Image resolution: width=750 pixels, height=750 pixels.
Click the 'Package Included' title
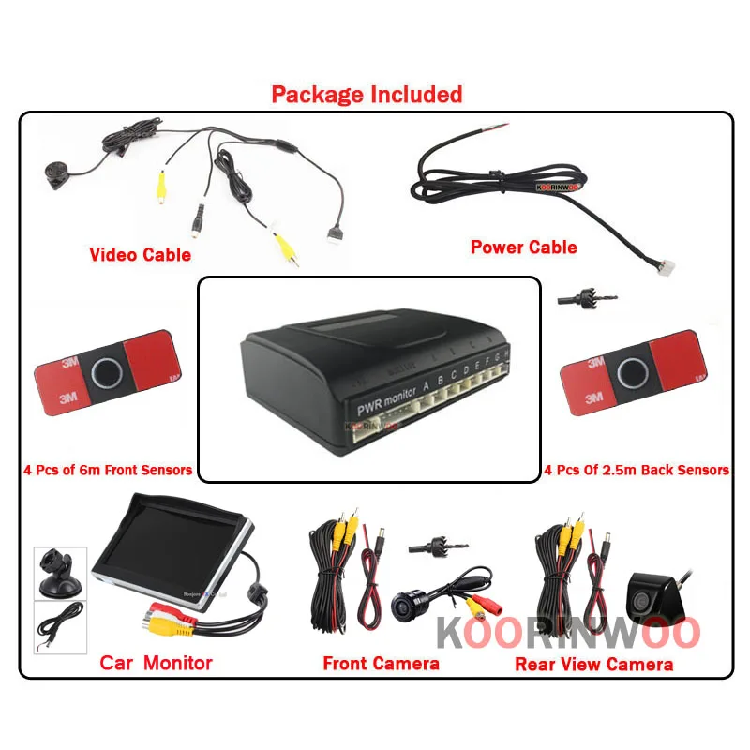pos(367,95)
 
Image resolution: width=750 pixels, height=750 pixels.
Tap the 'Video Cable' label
pos(140,254)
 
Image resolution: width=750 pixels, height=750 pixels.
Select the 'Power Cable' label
pos(523,247)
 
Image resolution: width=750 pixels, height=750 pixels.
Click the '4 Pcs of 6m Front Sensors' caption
pos(108,470)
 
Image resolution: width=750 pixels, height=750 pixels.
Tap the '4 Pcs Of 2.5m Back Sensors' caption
pos(637,470)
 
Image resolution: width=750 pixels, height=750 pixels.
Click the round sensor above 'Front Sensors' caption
pos(106,372)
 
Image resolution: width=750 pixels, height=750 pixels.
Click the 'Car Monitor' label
pos(156,663)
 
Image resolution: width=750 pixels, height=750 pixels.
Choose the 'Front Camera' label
pos(381,663)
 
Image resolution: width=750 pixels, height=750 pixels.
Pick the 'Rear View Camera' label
pos(593,664)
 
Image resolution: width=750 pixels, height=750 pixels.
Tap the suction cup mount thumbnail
pos(60,574)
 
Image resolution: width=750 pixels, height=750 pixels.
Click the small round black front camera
pos(409,604)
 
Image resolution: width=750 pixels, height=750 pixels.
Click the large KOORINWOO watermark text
pos(568,633)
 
